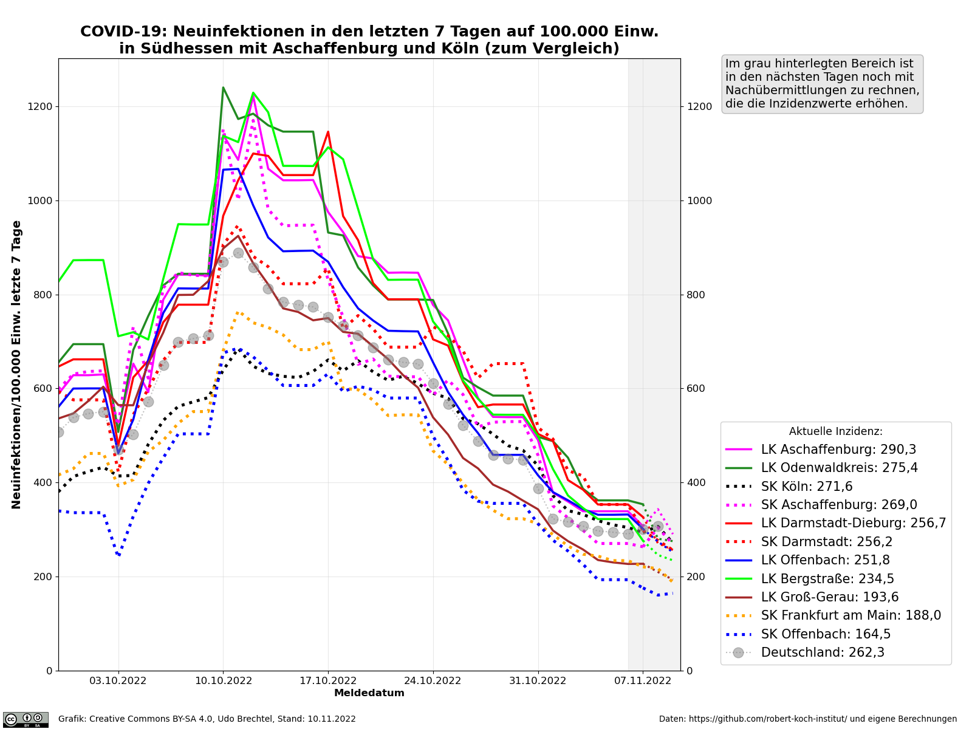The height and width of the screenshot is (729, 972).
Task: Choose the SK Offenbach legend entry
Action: pyautogui.click(x=826, y=634)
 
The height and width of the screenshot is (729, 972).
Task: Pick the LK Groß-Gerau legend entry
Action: pyautogui.click(x=830, y=597)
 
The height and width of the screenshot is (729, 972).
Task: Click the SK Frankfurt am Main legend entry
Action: pyautogui.click(x=850, y=615)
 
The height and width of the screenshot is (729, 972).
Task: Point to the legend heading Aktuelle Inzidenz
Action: pyautogui.click(x=835, y=431)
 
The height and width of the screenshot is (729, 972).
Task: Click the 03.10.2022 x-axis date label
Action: pyautogui.click(x=118, y=681)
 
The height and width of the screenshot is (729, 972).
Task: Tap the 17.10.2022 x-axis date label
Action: pyautogui.click(x=328, y=681)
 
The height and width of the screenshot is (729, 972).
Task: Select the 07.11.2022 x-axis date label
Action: pyautogui.click(x=643, y=681)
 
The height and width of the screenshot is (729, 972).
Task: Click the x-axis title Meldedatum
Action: pyautogui.click(x=369, y=693)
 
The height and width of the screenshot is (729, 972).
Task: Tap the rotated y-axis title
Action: pyautogui.click(x=17, y=364)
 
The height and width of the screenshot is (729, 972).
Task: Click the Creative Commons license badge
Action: pyautogui.click(x=26, y=719)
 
